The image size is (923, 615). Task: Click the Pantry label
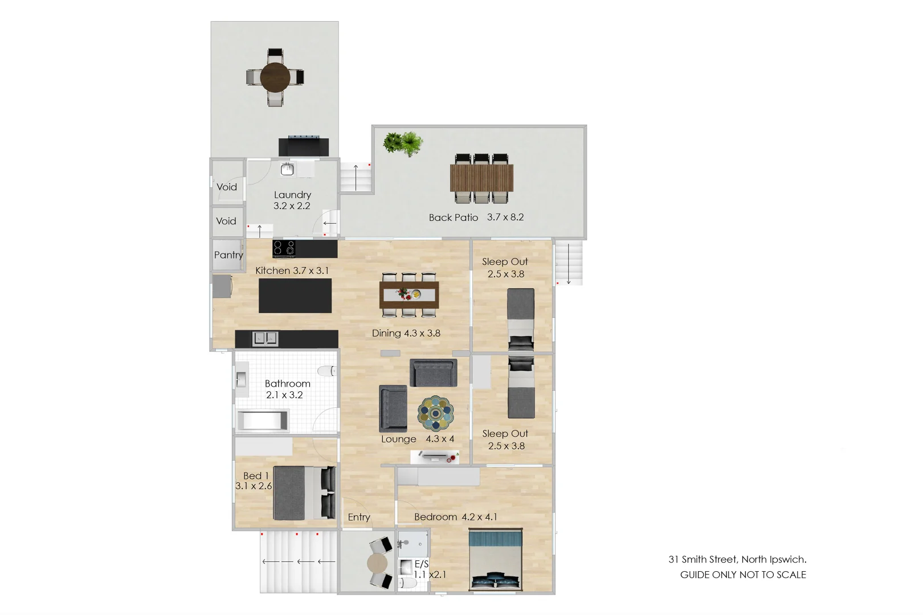point(228,255)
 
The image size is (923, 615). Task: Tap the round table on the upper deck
point(275,77)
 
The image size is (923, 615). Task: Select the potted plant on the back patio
point(403,143)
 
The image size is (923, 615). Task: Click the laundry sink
point(287,169)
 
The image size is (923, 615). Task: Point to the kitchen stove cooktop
point(284,248)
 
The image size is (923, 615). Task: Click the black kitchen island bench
point(295,296)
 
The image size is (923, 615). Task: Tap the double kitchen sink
point(265,339)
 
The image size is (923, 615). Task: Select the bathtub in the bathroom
point(263,421)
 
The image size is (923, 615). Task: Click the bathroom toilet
point(327,371)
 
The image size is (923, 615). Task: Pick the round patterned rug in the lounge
point(436,413)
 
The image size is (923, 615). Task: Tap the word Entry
point(359,517)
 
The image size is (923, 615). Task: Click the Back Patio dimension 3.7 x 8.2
point(505,217)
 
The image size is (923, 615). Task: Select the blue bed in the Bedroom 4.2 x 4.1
point(495,560)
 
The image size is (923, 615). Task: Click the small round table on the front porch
point(377,564)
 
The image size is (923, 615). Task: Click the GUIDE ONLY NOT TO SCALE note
point(743,575)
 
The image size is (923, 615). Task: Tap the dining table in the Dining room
point(409,294)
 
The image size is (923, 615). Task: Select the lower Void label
point(226,221)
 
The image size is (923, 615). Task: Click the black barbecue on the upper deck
point(304,146)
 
